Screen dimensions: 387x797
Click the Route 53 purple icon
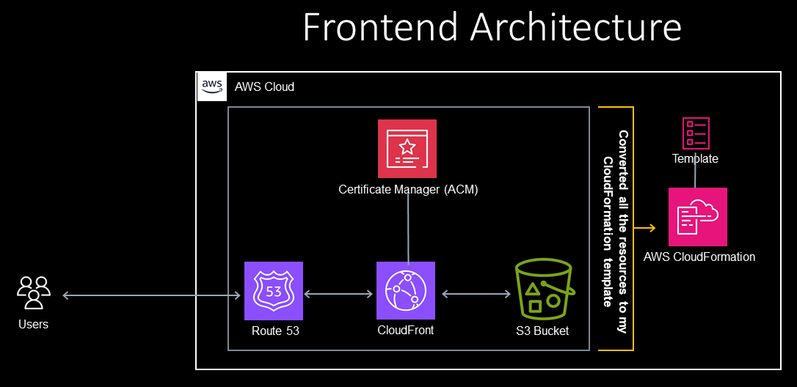(273, 291)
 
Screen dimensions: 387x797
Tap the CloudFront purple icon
(405, 291)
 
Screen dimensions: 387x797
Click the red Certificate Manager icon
(407, 149)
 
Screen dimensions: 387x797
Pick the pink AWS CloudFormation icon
(697, 217)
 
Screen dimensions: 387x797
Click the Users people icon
(34, 292)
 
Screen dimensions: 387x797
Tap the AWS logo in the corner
(211, 86)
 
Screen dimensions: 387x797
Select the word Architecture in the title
(576, 28)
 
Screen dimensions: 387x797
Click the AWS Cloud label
(264, 87)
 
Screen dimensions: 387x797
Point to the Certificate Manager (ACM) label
(408, 190)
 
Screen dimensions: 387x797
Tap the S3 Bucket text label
(542, 331)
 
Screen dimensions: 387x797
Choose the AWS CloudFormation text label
(699, 257)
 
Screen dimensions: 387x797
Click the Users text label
(33, 324)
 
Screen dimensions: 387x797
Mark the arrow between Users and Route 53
(151, 295)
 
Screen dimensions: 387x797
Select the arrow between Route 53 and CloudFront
(338, 295)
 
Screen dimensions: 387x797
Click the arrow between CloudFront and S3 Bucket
(476, 295)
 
